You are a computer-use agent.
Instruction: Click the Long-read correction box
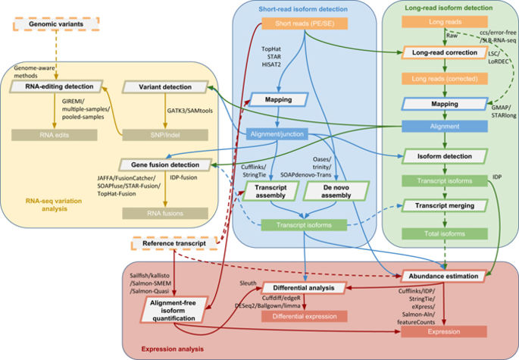443,54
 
